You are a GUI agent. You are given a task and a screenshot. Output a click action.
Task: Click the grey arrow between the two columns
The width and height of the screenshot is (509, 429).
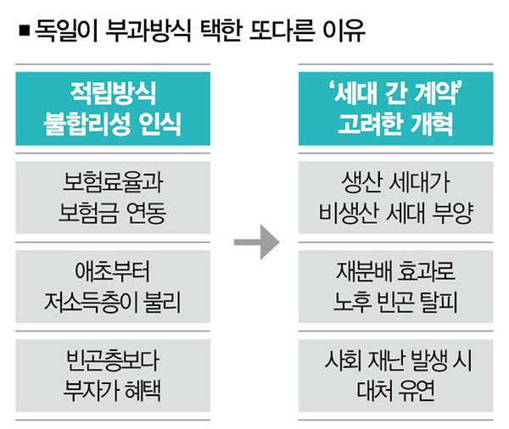click(255, 242)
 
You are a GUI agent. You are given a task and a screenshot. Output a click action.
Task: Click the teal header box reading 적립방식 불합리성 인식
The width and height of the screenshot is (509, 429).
click(114, 109)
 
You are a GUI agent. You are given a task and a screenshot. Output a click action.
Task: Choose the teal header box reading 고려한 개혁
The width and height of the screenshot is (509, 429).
click(395, 109)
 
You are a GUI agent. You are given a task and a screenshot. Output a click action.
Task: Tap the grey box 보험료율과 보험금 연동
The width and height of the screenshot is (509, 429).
click(114, 198)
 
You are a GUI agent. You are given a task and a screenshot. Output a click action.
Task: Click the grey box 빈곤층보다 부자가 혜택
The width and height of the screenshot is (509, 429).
click(114, 375)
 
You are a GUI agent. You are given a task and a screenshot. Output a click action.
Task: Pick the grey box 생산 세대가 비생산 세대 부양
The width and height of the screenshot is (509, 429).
click(395, 198)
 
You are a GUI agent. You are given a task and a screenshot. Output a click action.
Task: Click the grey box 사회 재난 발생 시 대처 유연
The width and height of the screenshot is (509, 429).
click(395, 375)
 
